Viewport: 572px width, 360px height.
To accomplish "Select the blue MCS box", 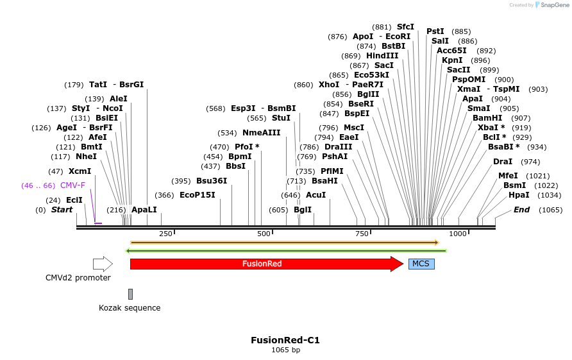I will click(421, 264).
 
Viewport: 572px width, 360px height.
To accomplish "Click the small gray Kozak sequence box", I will click(130, 294).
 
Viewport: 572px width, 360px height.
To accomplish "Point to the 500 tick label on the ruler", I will click(264, 234).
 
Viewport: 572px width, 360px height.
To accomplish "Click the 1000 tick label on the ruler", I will click(457, 234).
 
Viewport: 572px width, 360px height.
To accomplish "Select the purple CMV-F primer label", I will click(72, 185).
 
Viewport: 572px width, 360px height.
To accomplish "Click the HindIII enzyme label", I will click(382, 56).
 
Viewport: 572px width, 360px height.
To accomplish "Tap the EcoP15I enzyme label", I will click(197, 195).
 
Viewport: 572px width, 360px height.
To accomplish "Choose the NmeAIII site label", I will click(261, 133).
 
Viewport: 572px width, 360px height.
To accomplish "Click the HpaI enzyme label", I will click(519, 195).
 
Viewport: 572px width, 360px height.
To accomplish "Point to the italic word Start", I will click(62, 210).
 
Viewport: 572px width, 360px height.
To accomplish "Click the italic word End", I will click(521, 210).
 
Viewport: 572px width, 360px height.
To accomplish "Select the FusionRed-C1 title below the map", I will click(285, 340).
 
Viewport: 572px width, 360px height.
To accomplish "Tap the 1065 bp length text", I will click(285, 350).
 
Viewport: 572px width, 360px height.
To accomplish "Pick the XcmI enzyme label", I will click(80, 171).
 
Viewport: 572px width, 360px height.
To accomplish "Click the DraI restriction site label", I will click(503, 162).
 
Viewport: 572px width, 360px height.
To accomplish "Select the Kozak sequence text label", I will click(130, 308).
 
